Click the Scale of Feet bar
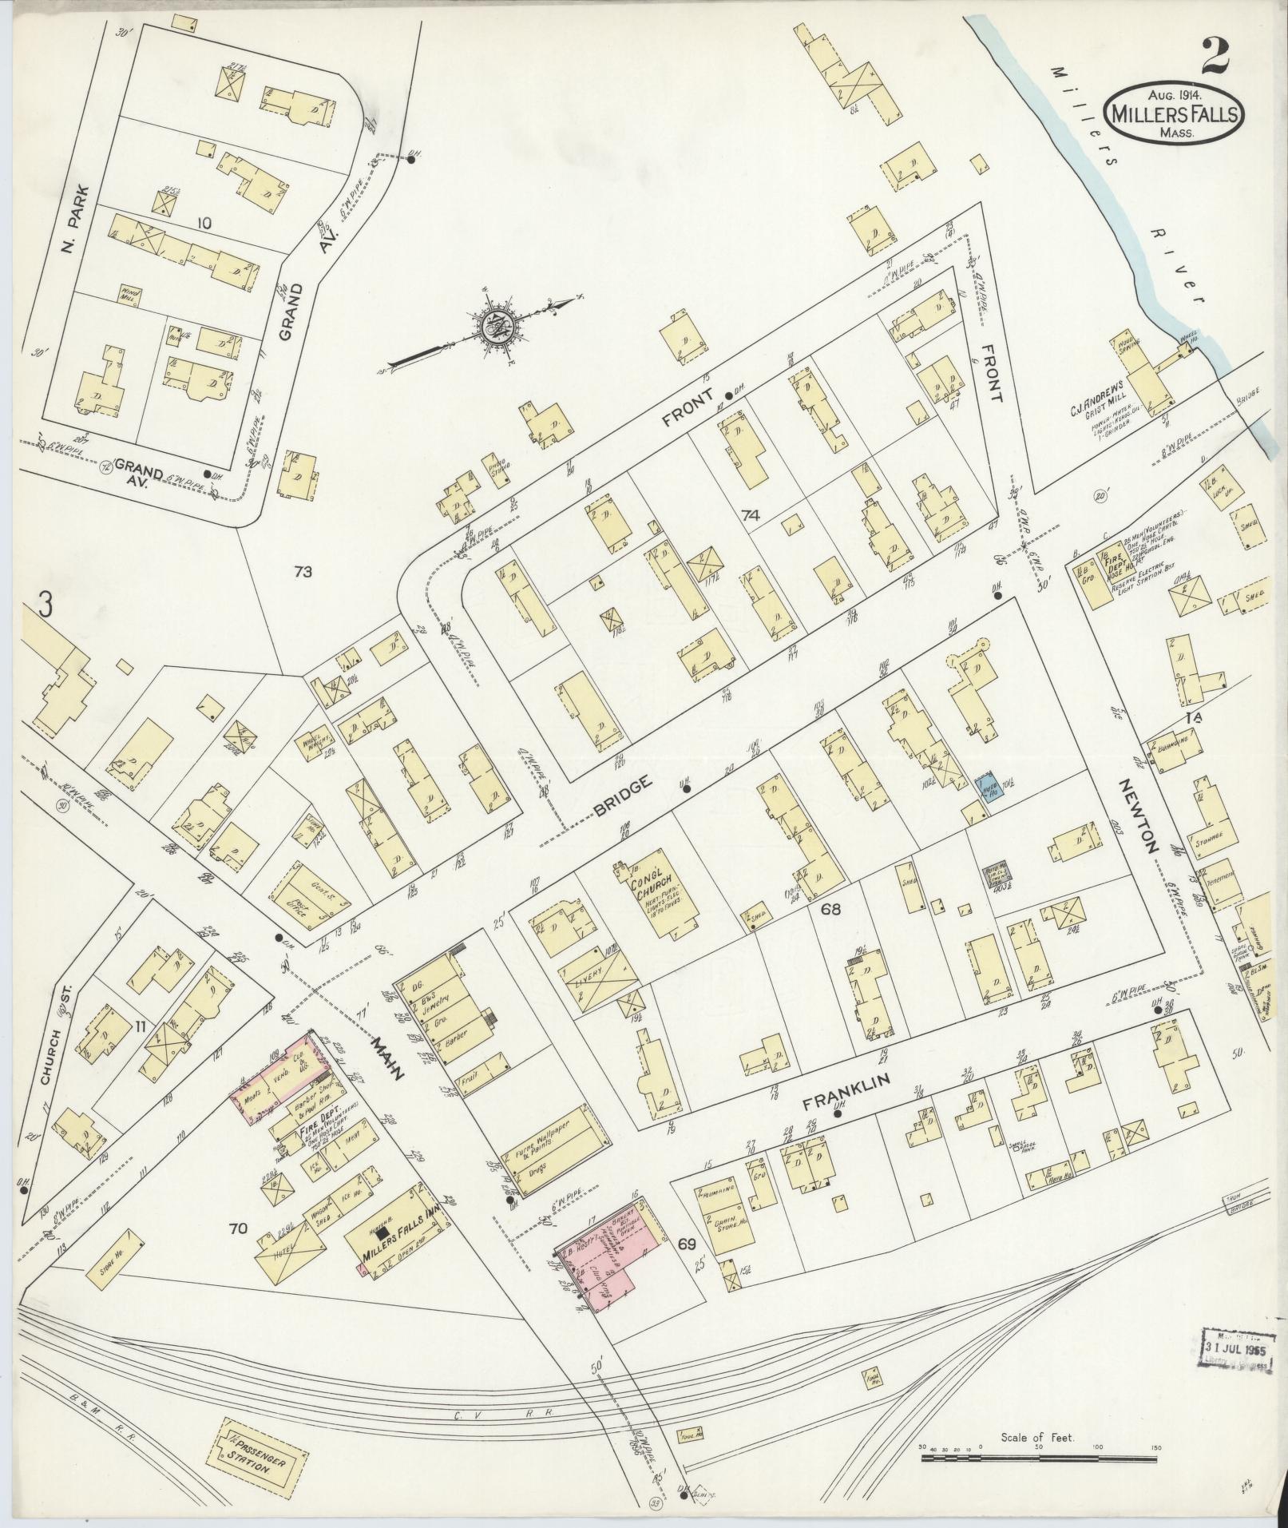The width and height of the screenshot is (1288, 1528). [1038, 1459]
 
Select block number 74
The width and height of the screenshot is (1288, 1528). [749, 516]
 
